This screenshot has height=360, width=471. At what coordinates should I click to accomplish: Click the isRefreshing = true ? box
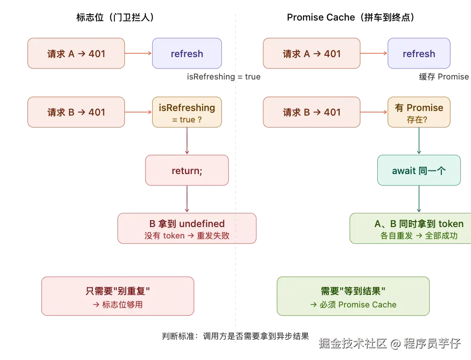point(187,112)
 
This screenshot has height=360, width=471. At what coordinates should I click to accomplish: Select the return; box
point(187,170)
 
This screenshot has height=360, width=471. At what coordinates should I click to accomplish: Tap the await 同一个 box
point(419,170)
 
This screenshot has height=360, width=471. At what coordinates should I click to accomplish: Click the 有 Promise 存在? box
point(419,112)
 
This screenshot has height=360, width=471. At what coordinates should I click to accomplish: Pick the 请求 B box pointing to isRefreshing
point(76,112)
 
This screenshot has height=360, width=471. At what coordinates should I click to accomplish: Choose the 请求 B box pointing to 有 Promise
point(312,112)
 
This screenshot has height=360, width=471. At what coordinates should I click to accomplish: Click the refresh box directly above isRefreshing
point(187,53)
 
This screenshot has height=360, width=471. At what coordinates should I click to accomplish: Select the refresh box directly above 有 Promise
point(419,53)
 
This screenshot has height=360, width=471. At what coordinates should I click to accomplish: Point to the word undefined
point(202,224)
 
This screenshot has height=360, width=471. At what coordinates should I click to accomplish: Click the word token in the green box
point(451,224)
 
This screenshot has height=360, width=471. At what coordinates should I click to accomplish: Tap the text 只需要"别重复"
point(118,291)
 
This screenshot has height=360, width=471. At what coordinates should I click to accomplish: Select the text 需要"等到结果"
point(353,291)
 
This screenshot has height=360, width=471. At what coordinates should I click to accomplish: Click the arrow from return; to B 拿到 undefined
point(187,199)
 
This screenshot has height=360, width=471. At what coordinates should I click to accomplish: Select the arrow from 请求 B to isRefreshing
point(138,112)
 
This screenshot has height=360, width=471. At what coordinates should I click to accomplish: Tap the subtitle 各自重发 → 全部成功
point(419,236)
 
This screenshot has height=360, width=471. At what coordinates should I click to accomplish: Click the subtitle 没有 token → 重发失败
point(187,236)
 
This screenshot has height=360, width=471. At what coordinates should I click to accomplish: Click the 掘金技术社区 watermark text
point(352,343)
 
